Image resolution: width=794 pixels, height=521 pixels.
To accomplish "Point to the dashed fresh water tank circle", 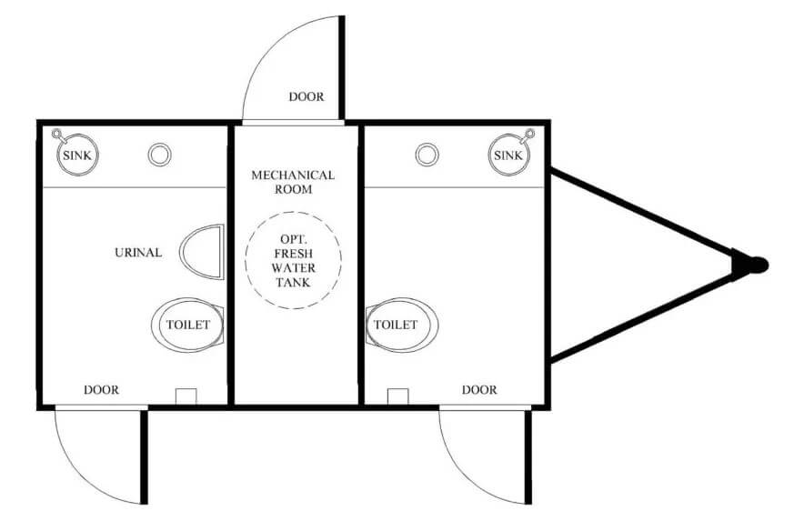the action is [x=245, y=260].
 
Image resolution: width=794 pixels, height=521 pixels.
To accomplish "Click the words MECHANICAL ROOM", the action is [x=293, y=182].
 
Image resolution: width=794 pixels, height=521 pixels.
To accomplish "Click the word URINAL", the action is [x=138, y=252].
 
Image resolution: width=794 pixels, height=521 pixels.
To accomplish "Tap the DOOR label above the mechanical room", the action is [x=307, y=96].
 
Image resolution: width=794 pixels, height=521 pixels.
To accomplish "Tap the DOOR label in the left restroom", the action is [x=101, y=390].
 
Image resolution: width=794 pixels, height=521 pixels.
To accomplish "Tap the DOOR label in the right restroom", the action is [x=479, y=390].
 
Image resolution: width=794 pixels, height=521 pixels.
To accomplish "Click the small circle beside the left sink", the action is [x=159, y=155].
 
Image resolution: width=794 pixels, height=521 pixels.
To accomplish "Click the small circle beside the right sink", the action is [x=427, y=155].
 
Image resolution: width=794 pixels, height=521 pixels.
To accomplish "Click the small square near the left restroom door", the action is [x=186, y=396].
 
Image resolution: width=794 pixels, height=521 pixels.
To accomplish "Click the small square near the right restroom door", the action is [x=398, y=396].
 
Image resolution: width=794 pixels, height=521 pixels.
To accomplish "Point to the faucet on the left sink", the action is [x=57, y=135].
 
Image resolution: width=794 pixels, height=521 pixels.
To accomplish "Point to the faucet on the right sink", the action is [x=528, y=135].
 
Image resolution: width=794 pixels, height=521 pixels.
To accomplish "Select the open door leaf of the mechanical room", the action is [x=342, y=68].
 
